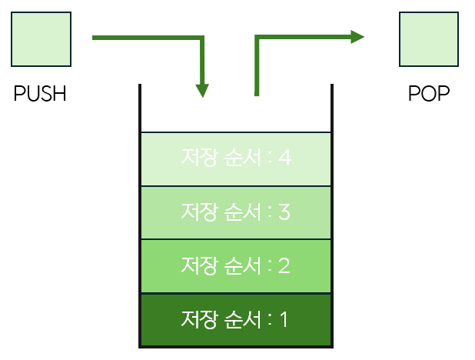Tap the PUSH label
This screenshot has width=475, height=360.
[x=41, y=95]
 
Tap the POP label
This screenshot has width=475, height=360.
[x=429, y=95]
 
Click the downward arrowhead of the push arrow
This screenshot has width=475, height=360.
[x=202, y=89]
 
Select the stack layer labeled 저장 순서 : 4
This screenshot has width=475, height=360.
[x=236, y=158]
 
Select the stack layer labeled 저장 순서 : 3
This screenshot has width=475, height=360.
[x=236, y=212]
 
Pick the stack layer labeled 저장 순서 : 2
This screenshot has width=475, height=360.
[x=236, y=265]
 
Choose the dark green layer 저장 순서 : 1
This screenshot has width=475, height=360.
[x=236, y=318]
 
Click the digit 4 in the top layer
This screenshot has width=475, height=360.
[x=285, y=158]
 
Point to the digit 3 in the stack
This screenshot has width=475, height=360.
[x=284, y=212]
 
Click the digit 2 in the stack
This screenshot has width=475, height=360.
[x=284, y=266]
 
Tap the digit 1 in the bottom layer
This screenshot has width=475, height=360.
[x=284, y=318]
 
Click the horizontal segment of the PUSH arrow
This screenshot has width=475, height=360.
[x=146, y=37]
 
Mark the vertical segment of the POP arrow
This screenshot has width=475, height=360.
[x=257, y=69]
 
